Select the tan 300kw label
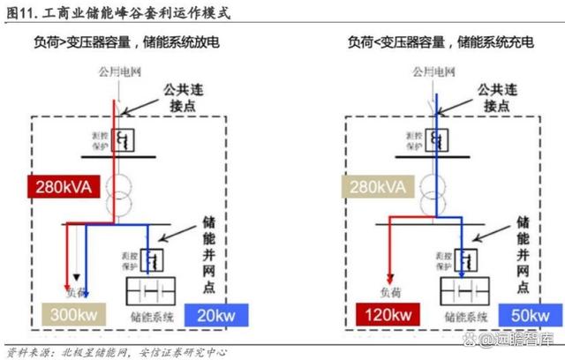pos(74,314)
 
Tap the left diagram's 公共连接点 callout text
pos(186,97)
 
